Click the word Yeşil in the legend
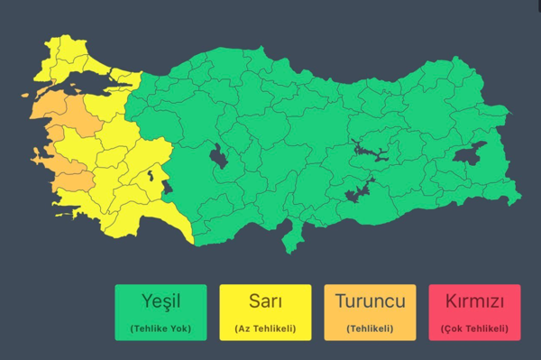pyautogui.click(x=167, y=301)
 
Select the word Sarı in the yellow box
pyautogui.click(x=265, y=301)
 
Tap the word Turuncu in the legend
pyautogui.click(x=370, y=301)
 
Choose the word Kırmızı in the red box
pyautogui.click(x=474, y=301)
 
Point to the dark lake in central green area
pyautogui.click(x=218, y=157)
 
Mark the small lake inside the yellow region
pyautogui.click(x=147, y=174)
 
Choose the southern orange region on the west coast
pyautogui.click(x=68, y=171)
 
